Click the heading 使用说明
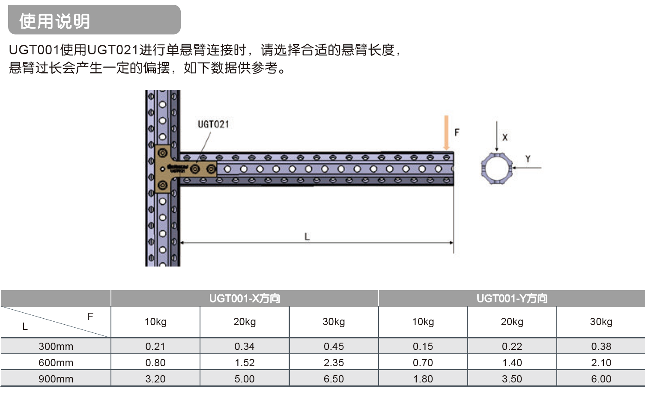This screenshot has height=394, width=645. click(54, 21)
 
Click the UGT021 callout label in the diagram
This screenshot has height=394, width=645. click(213, 124)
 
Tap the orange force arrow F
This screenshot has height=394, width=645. click(446, 133)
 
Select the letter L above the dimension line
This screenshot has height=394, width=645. click(307, 237)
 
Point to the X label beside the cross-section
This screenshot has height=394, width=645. click(505, 137)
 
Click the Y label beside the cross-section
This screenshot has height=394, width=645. click(528, 159)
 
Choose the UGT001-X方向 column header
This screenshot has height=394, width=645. click(245, 299)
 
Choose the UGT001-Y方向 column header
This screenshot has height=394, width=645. click(512, 299)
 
